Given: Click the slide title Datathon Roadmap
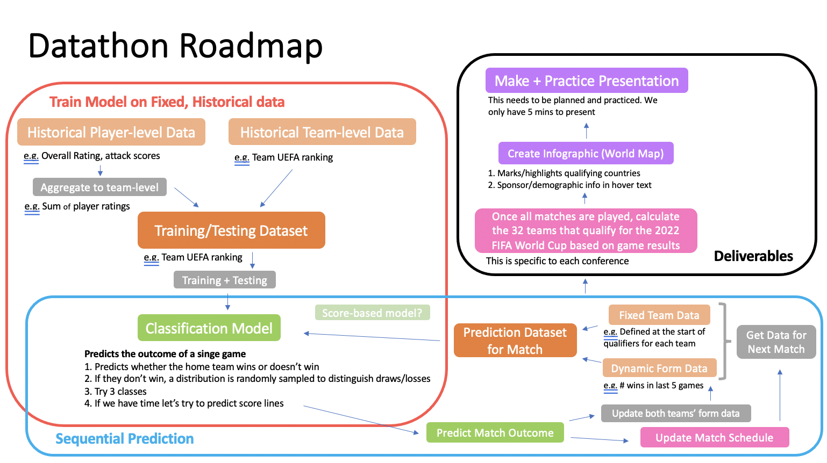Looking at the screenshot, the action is click(175, 46).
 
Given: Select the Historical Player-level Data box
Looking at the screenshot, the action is click(111, 132).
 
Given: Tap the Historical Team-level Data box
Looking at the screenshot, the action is click(322, 132).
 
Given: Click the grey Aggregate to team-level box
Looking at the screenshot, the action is click(99, 187).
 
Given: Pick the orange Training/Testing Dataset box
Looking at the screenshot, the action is click(231, 230).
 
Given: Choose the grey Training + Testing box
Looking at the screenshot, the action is click(224, 280).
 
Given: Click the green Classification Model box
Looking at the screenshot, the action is click(209, 328).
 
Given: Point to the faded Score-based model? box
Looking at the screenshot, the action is click(372, 313).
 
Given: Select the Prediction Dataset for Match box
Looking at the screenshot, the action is click(515, 341).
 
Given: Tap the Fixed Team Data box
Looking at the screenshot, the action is click(659, 315).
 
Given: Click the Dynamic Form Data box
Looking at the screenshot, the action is click(659, 368).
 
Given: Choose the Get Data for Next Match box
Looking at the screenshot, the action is click(776, 342).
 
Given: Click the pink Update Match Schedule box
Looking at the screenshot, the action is click(714, 437).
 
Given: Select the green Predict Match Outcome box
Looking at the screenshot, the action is click(495, 433).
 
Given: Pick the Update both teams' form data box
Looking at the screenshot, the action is click(675, 413).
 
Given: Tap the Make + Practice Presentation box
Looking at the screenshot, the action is click(586, 81).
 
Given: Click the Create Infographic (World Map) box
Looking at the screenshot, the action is click(586, 154).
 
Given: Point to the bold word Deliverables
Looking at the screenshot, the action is click(753, 256).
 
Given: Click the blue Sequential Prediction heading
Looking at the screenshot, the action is click(124, 439).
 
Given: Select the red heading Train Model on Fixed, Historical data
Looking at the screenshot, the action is click(167, 102).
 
